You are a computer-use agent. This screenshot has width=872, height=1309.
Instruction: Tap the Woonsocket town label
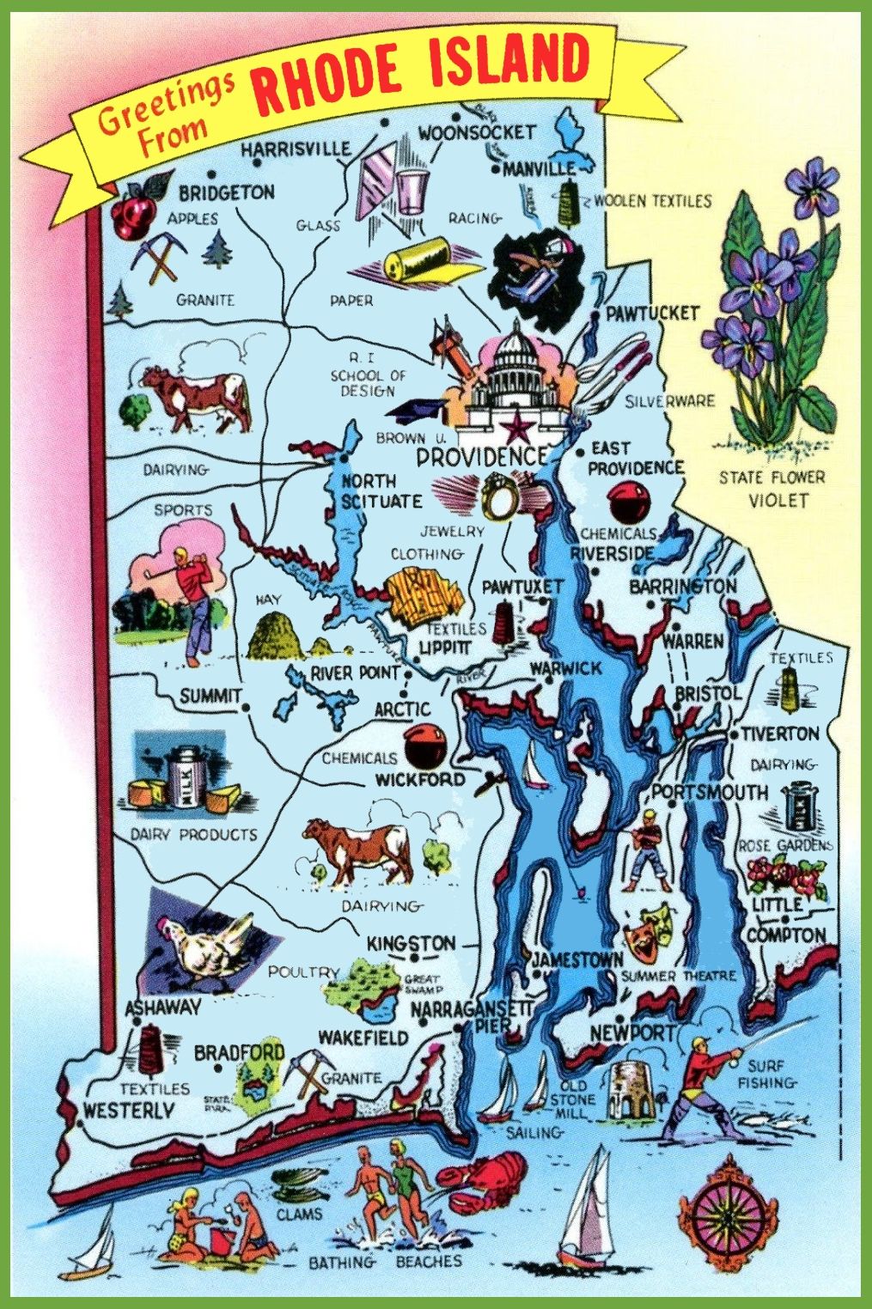tap(477, 132)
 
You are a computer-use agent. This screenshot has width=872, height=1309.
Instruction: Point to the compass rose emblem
tap(730, 1216)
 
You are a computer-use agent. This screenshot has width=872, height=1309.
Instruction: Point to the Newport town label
tap(633, 1032)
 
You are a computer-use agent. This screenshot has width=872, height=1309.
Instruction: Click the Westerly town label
tap(128, 1111)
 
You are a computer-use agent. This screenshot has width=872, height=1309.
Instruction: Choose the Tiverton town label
tap(780, 734)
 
